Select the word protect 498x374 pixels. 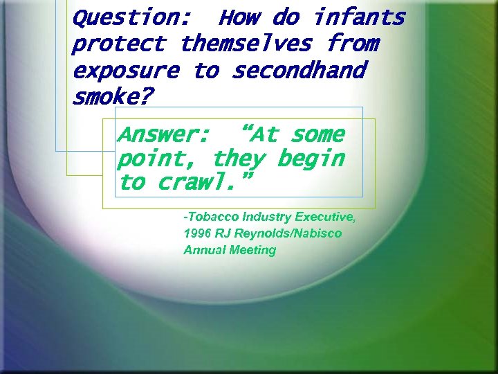click(118, 44)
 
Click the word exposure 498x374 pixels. click(125, 71)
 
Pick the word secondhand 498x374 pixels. click(299, 71)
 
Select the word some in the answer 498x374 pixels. click(317, 134)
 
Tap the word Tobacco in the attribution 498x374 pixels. click(211, 217)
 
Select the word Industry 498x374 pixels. click(268, 217)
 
